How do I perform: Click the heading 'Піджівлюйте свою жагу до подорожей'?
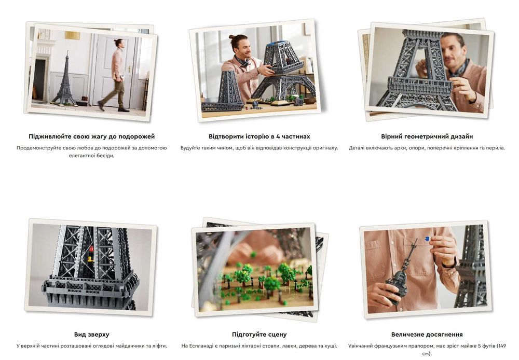click(92, 136)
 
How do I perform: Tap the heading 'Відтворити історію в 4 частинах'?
click(259, 136)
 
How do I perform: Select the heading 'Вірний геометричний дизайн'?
click(427, 136)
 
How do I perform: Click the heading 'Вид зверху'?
click(92, 334)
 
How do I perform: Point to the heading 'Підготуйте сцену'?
click(259, 334)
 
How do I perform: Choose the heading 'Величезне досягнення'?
click(427, 334)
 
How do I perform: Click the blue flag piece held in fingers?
click(427, 238)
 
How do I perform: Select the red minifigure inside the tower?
click(91, 248)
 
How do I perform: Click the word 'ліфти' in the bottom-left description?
click(159, 346)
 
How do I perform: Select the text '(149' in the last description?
click(501, 346)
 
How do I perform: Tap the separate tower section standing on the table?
click(228, 87)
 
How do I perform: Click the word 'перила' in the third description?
click(497, 148)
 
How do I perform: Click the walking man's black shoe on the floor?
click(124, 109)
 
